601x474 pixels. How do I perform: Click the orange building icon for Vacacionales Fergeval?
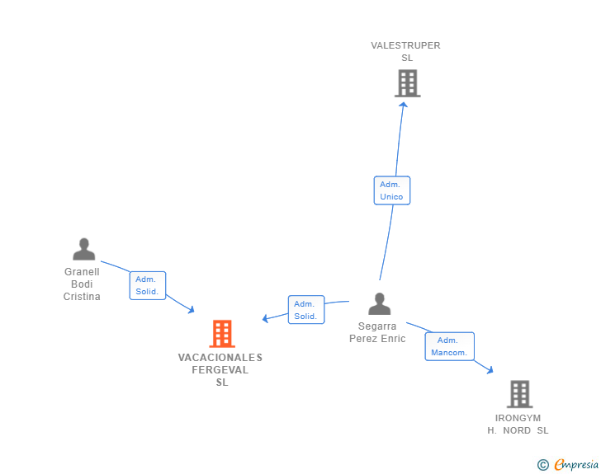(x=222, y=334)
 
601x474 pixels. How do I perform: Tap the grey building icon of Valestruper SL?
(x=408, y=83)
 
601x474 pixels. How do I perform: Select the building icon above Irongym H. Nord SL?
(x=520, y=394)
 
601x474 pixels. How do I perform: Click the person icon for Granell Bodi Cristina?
(x=84, y=249)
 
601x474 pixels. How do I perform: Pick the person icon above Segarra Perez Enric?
(x=380, y=303)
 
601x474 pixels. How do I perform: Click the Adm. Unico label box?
(x=391, y=190)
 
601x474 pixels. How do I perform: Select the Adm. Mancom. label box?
(x=449, y=346)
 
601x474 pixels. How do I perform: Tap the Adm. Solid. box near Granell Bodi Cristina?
(x=148, y=285)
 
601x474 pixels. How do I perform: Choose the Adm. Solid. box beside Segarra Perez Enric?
(x=306, y=310)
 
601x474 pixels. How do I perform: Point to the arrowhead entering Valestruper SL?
(x=403, y=105)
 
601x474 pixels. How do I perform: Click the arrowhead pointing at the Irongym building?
(x=490, y=370)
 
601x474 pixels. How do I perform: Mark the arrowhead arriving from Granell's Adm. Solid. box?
(x=192, y=309)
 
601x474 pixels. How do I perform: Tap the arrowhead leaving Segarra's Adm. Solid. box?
(x=265, y=318)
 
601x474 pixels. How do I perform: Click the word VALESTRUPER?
(x=405, y=45)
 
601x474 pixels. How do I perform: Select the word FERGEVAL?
(x=220, y=370)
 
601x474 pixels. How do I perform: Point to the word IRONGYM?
(x=518, y=418)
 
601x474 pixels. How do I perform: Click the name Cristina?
(x=82, y=296)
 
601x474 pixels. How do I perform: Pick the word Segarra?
(x=377, y=326)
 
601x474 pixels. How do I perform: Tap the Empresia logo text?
(x=576, y=464)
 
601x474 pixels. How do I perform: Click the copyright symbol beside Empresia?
(x=543, y=465)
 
